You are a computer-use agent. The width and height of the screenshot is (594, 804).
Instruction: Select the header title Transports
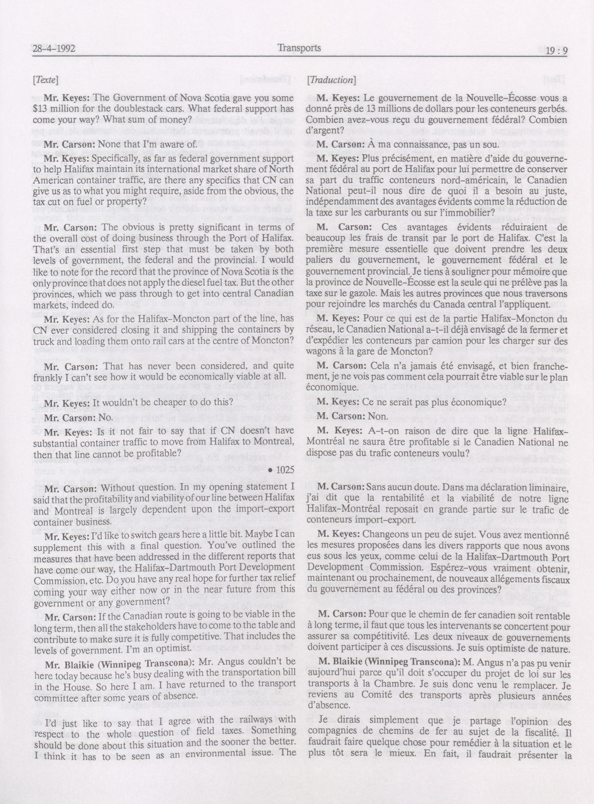(299, 48)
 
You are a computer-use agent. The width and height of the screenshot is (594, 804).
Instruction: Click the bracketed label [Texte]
(45, 80)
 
